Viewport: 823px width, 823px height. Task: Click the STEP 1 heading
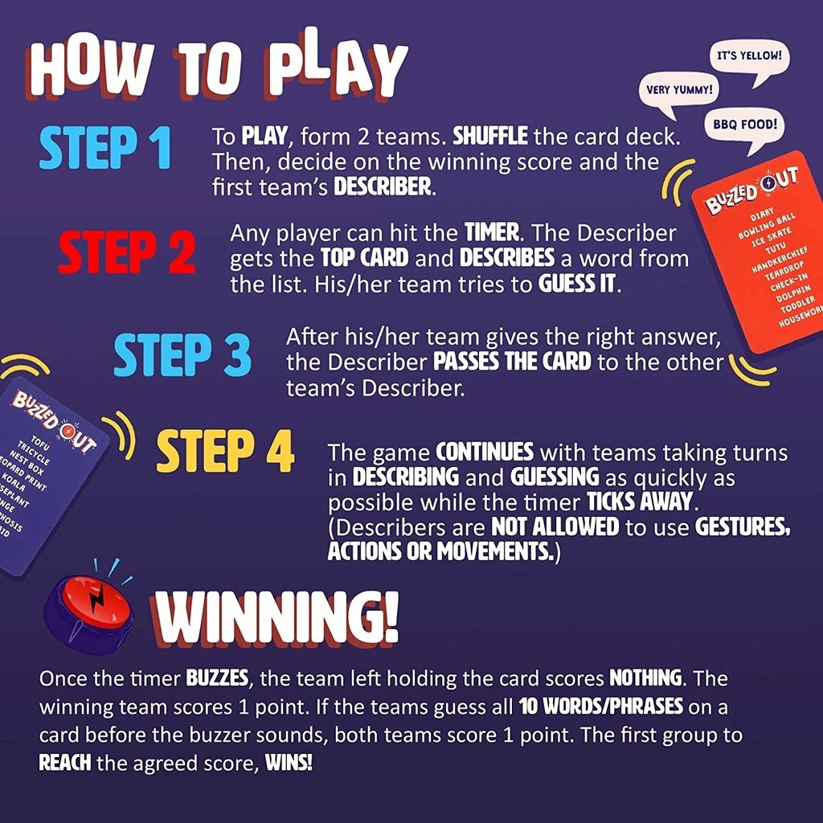[x=105, y=147]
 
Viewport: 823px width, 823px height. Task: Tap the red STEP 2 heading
[x=126, y=251]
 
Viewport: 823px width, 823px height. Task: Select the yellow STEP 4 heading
[x=225, y=453]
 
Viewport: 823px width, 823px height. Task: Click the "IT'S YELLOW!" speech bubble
[x=748, y=58]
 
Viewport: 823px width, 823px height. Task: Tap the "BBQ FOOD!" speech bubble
[x=743, y=125]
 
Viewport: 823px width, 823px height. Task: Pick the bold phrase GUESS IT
[x=579, y=285]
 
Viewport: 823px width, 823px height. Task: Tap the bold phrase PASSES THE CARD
[x=512, y=362]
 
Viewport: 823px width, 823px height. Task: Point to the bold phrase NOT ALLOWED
[x=555, y=527]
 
